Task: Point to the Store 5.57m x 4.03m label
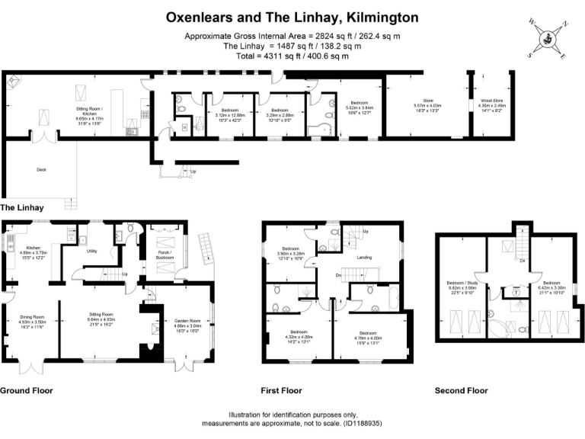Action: pos(427,106)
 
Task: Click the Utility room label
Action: pos(91,250)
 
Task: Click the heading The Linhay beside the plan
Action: pos(22,207)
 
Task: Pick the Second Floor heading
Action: pos(461,391)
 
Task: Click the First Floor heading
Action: pos(281,391)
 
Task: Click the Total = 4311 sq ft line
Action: pos(292,56)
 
